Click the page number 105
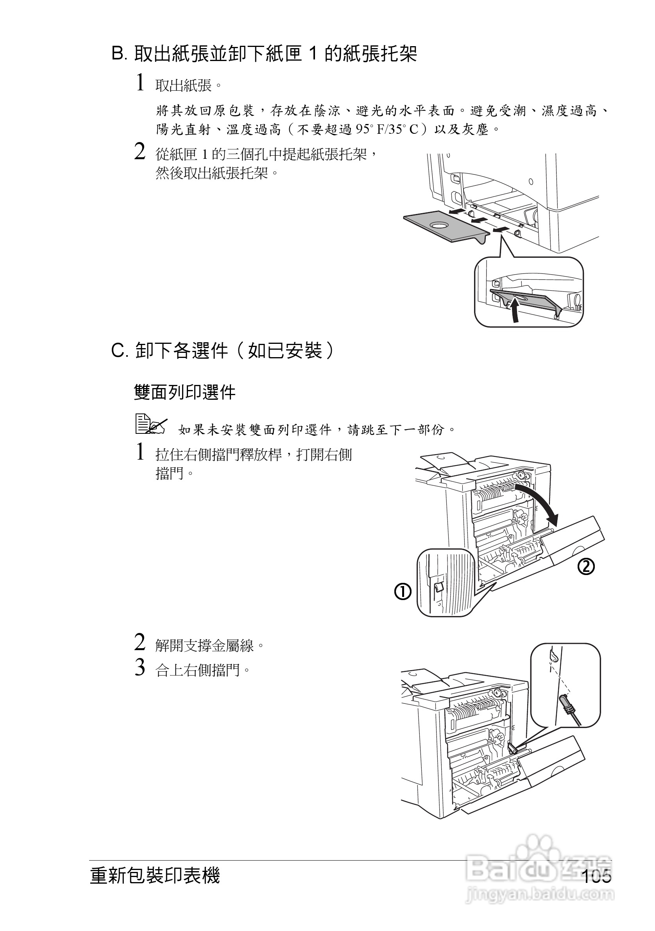click(x=597, y=876)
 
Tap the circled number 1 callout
click(x=403, y=592)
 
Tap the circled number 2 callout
click(x=586, y=566)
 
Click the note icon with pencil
click(x=150, y=424)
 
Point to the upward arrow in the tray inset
click(x=514, y=310)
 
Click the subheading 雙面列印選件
click(x=185, y=392)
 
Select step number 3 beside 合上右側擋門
click(x=140, y=667)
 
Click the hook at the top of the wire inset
click(x=553, y=655)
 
